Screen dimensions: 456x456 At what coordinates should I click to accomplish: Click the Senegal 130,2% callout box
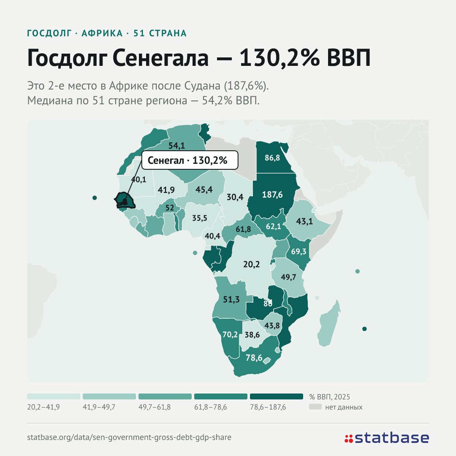pos(190,160)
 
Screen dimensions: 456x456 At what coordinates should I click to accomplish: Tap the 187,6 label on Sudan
pos(272,195)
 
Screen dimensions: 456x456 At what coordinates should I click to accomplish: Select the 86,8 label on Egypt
pos(272,157)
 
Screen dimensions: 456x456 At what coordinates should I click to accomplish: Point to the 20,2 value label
pos(252,264)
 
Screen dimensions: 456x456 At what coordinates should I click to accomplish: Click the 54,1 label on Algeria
pos(177,145)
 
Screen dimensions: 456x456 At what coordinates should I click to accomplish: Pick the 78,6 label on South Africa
pos(254,358)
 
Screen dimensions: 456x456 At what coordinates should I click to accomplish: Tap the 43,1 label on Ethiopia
pos(304,221)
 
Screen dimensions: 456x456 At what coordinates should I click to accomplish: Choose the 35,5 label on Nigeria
pos(199,218)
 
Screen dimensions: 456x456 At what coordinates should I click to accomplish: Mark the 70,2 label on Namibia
pos(230,334)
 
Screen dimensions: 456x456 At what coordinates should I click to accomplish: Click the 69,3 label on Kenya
pos(299,251)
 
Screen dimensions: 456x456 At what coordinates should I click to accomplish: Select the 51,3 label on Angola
pos(231,299)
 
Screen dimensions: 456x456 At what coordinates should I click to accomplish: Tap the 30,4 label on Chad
pos(235,197)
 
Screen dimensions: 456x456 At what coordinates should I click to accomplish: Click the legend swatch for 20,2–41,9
pos(54,396)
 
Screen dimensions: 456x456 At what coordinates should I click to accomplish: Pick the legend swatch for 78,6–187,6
pos(277,396)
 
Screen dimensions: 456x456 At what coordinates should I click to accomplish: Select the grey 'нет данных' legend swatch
pos(315,407)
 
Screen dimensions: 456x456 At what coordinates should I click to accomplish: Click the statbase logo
pos(387,438)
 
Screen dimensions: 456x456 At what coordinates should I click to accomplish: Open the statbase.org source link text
pos(129,437)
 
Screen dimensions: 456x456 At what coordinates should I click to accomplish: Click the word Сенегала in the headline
pos(160,57)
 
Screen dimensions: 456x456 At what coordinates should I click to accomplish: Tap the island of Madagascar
pos(328,323)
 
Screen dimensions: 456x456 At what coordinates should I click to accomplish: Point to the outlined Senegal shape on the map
pos(125,201)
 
